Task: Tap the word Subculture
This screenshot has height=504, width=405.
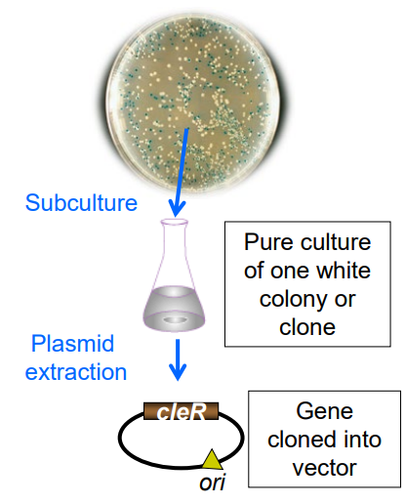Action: point(81,203)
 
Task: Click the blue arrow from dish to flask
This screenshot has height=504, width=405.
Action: point(176,190)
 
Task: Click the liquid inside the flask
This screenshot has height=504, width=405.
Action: point(177,311)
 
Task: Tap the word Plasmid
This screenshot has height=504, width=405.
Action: point(72,344)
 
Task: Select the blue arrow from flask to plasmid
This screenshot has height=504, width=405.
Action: point(177,362)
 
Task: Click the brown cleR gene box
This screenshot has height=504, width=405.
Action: point(182,412)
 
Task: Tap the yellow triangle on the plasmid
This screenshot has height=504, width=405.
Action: point(212,457)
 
